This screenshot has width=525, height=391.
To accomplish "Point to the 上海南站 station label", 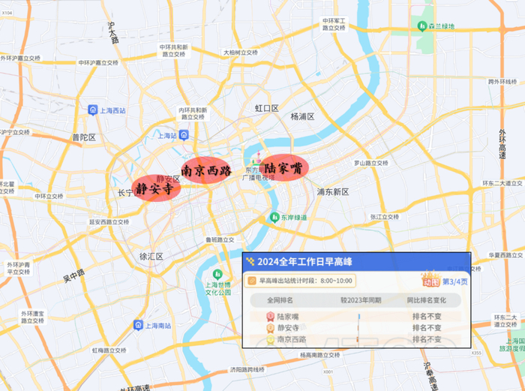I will (157, 325).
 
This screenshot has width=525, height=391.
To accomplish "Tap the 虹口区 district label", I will (266, 108).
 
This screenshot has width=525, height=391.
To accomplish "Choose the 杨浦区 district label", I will (302, 117).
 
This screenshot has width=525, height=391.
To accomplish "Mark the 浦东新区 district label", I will (333, 192).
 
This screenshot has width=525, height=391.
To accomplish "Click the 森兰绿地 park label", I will (441, 27).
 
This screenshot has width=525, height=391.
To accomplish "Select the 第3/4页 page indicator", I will (454, 281).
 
